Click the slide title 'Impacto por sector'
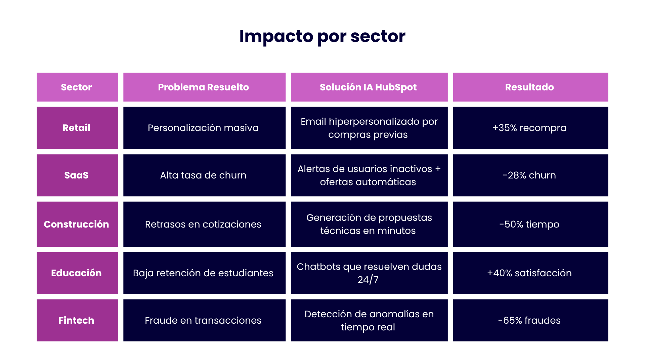click(322, 36)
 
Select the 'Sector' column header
click(77, 87)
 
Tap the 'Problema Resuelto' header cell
click(204, 87)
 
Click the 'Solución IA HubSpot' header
click(369, 87)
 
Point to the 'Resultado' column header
click(530, 87)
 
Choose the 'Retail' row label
click(77, 128)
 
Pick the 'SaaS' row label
click(77, 175)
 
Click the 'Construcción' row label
click(77, 224)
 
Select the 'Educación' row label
click(77, 273)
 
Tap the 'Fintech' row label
click(77, 320)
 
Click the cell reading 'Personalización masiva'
click(204, 128)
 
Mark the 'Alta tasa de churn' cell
click(204, 175)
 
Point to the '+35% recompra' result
click(530, 128)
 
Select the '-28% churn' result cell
click(530, 175)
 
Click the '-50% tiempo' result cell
click(530, 224)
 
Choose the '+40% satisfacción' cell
click(530, 273)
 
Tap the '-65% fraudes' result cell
click(530, 320)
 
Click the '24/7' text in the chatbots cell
click(368, 280)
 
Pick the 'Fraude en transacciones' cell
click(204, 320)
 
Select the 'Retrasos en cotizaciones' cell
click(204, 224)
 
